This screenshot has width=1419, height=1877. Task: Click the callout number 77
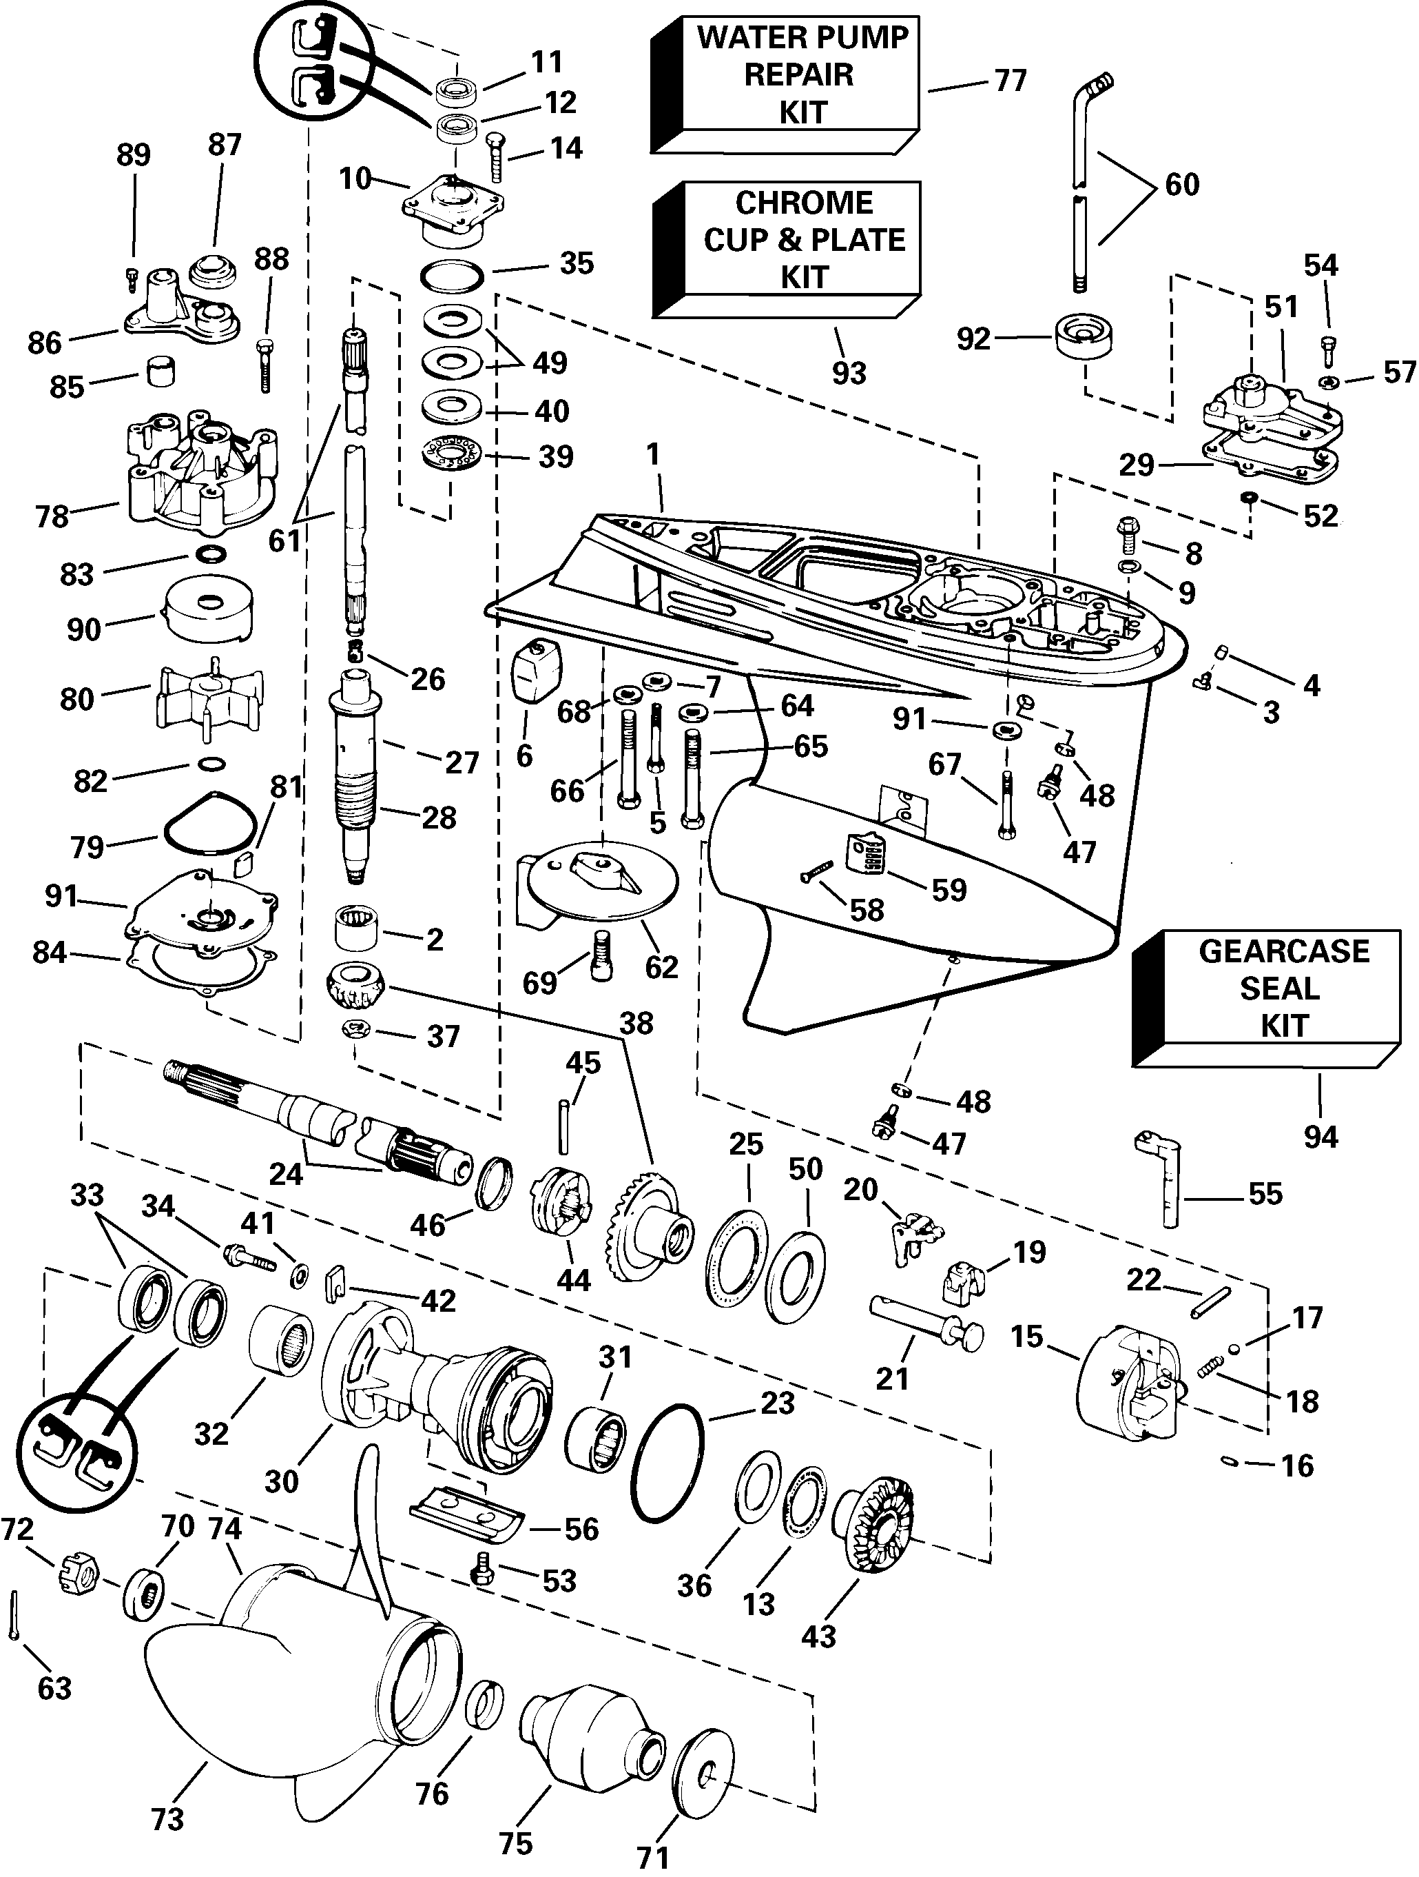[x=1009, y=81]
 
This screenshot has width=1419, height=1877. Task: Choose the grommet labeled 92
[x=1085, y=338]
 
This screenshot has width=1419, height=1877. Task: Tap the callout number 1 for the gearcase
[x=652, y=455]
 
